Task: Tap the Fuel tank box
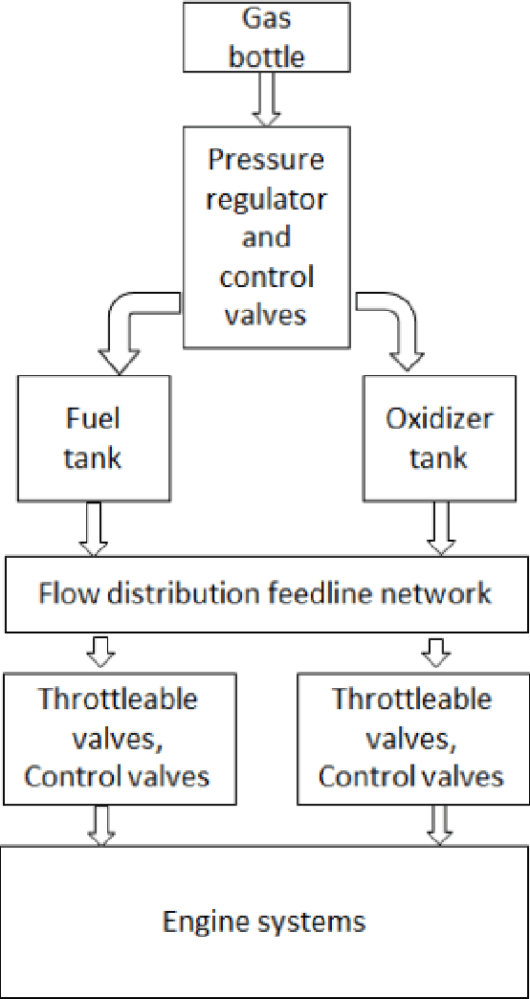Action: point(93,438)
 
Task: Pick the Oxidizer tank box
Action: point(439,438)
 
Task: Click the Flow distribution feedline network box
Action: point(265,593)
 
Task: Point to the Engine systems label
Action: point(264,921)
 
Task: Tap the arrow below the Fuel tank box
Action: point(93,530)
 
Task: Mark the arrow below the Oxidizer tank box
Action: point(439,530)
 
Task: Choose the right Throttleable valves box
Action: point(411,737)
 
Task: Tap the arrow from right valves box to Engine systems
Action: point(439,824)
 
